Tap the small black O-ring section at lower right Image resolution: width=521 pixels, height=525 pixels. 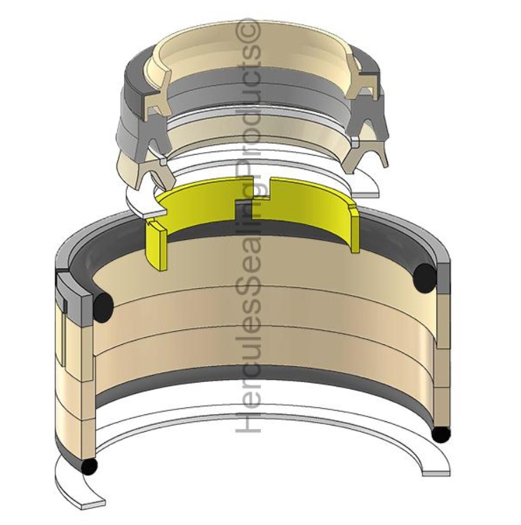pyautogui.click(x=440, y=434)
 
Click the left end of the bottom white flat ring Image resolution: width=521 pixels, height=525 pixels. pyautogui.click(x=91, y=502)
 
